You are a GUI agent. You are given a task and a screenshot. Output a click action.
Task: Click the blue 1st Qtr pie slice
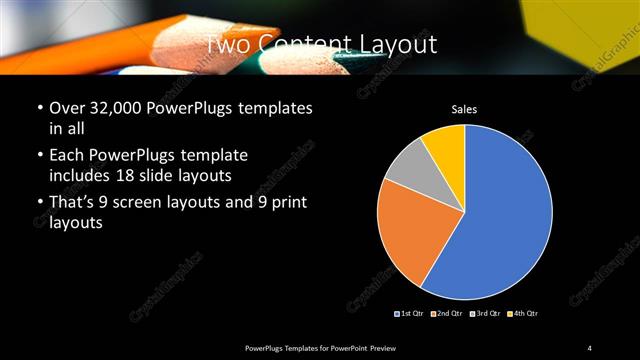(x=500, y=220)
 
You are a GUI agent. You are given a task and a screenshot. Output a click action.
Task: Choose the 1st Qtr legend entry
(x=411, y=314)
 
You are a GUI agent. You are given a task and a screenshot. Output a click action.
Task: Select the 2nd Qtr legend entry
(x=447, y=314)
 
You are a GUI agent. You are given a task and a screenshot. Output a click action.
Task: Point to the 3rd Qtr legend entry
(x=484, y=314)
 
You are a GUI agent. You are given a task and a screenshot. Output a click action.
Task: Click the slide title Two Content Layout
(x=320, y=44)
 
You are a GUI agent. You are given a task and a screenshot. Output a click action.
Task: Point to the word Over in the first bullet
(x=66, y=108)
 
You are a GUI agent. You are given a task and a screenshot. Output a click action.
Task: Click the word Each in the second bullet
(x=66, y=156)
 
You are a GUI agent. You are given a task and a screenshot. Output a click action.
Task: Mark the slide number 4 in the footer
(x=590, y=347)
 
